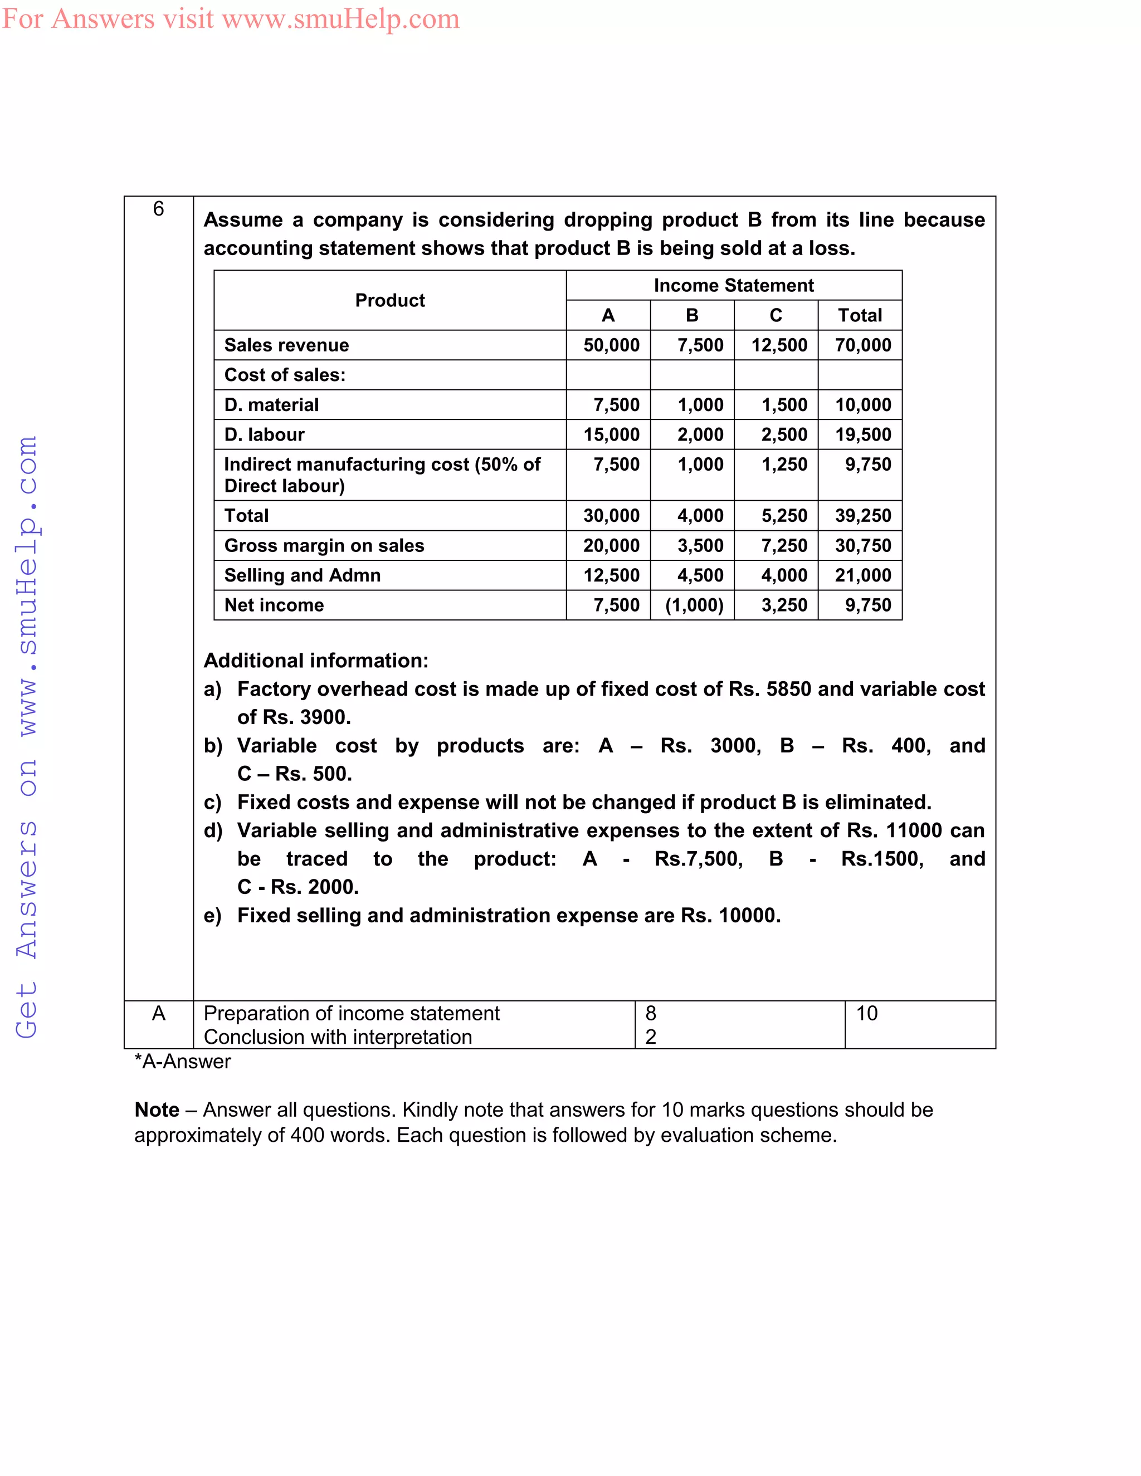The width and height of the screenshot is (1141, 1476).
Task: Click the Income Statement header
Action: [733, 285]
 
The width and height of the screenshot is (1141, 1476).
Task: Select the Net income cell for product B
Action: [694, 605]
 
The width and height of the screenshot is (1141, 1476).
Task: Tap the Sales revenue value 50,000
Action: [611, 345]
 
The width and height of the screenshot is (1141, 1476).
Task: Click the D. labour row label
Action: [264, 434]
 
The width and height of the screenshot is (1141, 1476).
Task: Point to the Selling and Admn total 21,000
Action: [862, 575]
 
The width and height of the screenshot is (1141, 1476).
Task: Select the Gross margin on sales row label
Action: [324, 545]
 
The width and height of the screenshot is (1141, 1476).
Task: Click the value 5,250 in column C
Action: [784, 516]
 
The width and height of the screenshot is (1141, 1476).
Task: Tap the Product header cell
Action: [390, 300]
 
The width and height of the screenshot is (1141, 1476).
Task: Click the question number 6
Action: [158, 209]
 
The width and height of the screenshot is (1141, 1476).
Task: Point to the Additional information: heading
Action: [316, 660]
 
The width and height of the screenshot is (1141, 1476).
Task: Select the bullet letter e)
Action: [212, 916]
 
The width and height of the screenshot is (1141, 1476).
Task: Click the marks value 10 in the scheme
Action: [866, 1013]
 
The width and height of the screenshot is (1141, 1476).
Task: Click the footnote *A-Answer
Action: [183, 1062]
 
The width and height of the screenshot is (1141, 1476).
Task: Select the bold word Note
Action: [157, 1110]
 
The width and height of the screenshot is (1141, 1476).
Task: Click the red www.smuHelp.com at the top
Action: [340, 19]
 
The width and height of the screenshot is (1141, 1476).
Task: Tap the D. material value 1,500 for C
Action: [784, 405]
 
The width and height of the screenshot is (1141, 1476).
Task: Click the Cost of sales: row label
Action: [285, 375]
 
